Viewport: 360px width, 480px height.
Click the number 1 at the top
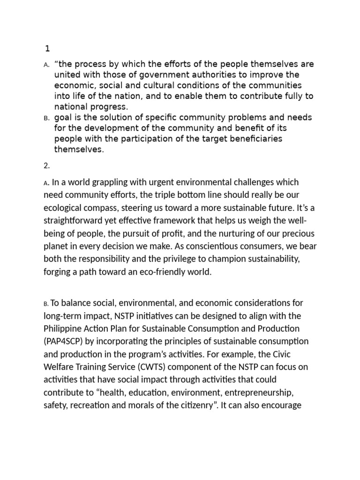click(47, 48)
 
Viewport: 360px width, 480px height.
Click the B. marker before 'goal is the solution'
click(47, 118)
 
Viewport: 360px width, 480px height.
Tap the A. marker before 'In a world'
click(47, 183)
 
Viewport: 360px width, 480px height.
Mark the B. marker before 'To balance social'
click(46, 304)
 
